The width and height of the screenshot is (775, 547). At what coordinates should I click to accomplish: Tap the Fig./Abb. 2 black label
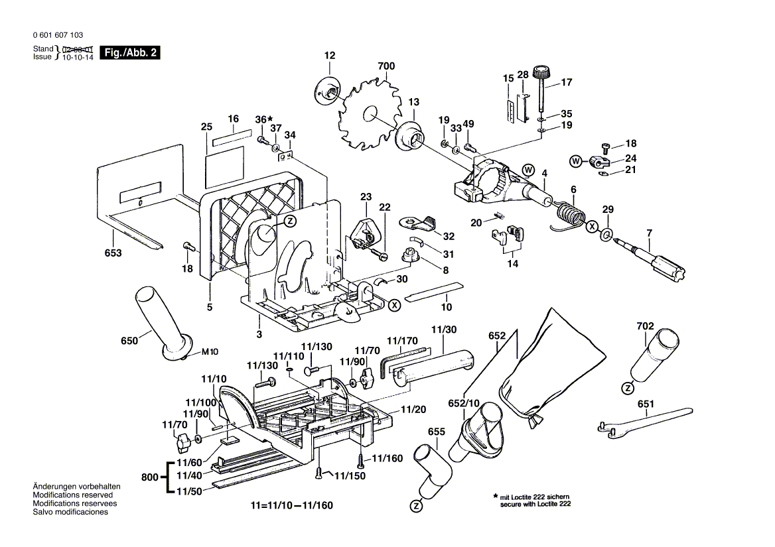tap(129, 52)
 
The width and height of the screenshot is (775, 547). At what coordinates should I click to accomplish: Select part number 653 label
tap(113, 253)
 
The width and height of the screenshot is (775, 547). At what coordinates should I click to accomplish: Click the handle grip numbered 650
tap(160, 320)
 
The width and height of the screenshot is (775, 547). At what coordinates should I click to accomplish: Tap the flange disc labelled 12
tap(327, 91)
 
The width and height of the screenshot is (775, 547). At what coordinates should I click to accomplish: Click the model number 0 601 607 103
tap(57, 35)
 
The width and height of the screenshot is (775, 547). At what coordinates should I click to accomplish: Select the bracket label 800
tap(151, 477)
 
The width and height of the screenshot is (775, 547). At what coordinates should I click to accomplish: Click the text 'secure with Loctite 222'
tap(535, 505)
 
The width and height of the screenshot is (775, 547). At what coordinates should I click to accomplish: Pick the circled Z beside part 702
tap(627, 387)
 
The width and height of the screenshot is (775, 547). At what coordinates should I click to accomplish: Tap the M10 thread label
tap(210, 351)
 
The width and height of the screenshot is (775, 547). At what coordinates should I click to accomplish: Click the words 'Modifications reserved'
tap(73, 495)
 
